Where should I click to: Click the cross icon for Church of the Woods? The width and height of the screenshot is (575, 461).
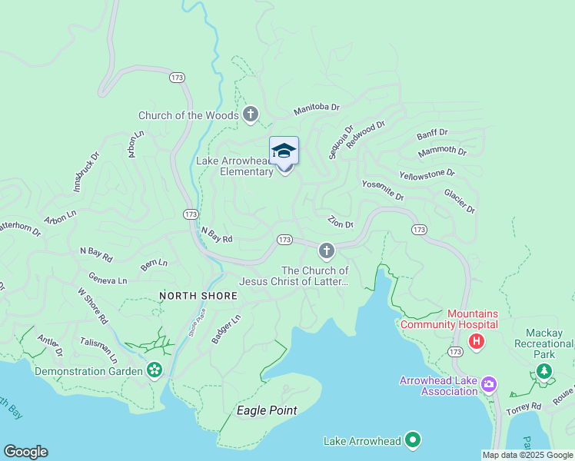coord(250,115)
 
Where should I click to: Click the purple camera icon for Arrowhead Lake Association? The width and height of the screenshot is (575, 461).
coord(488,383)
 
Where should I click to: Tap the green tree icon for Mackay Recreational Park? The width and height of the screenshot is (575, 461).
coord(544,372)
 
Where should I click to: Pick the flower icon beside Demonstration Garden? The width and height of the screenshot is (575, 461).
coord(155,371)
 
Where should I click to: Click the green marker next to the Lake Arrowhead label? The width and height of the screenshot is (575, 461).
coord(413,440)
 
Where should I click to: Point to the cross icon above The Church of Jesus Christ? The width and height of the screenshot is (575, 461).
coord(327,250)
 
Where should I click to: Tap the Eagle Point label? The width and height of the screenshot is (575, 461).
coord(267,410)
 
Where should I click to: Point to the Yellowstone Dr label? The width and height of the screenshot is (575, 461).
coord(427,175)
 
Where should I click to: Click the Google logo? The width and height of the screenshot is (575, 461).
coord(25,452)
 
